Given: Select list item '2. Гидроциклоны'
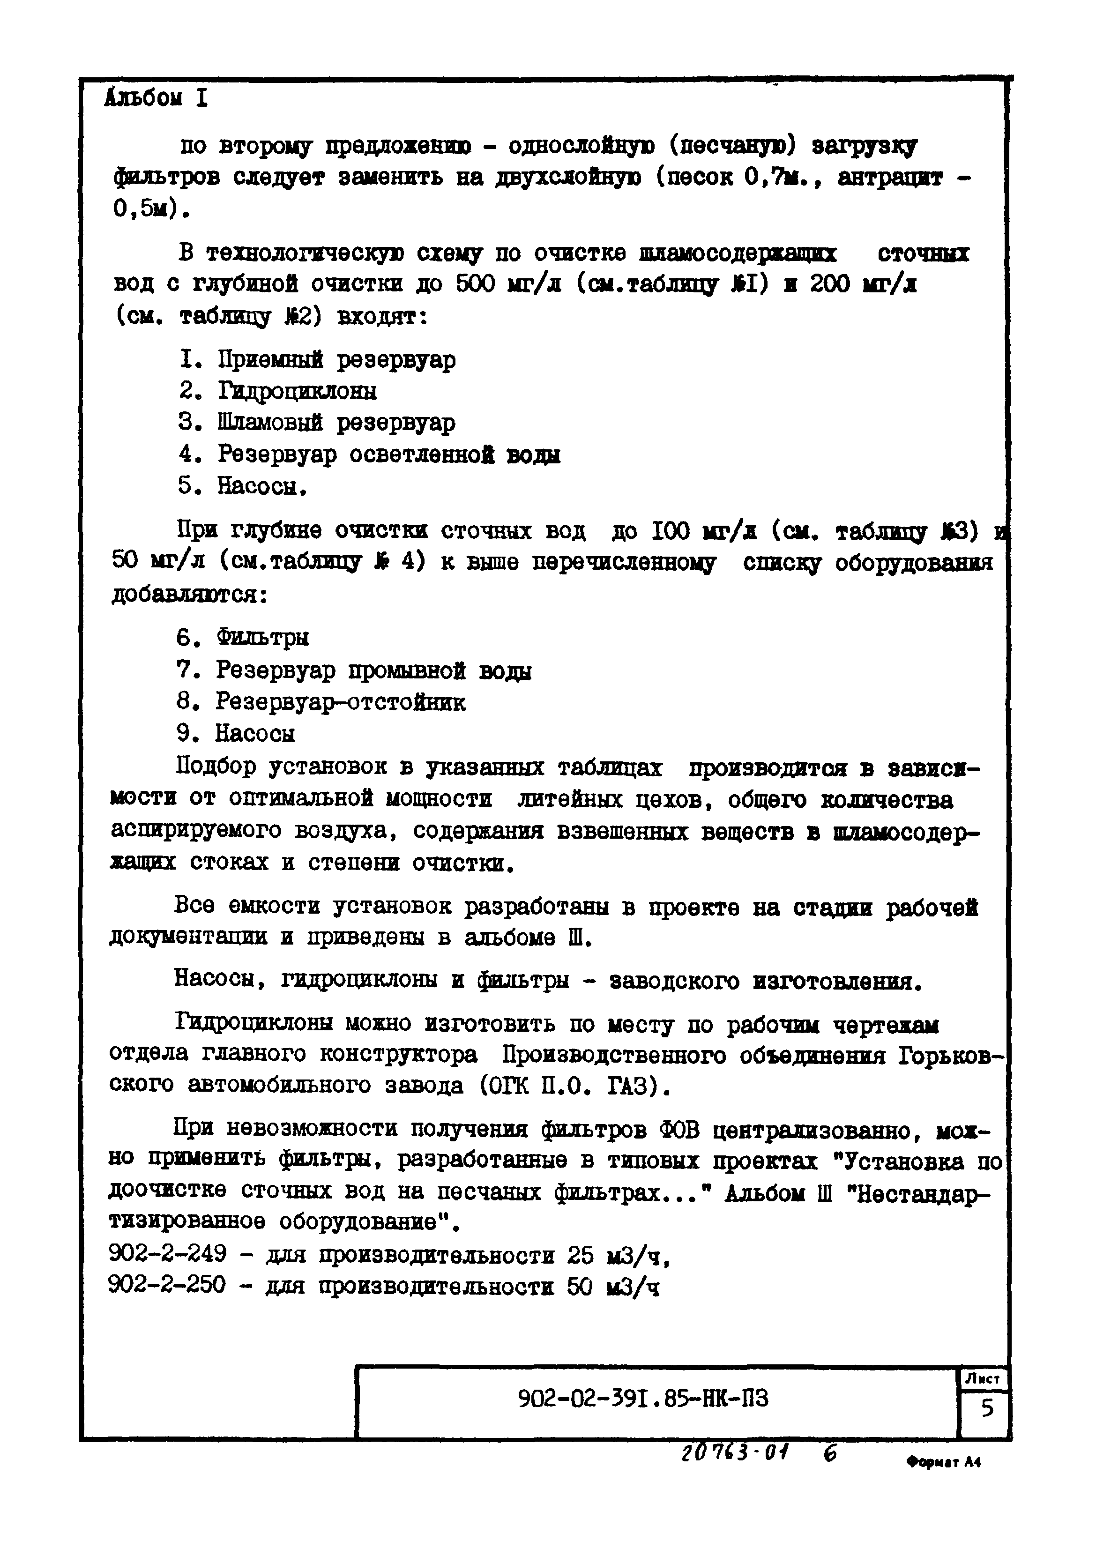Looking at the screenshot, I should (277, 391).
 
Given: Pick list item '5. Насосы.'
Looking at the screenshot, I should (243, 486).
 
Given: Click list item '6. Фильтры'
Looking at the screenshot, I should (242, 637).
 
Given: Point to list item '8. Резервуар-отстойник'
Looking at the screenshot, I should (321, 702).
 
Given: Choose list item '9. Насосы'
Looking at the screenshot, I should (236, 733).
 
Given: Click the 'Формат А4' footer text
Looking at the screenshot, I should (943, 1463).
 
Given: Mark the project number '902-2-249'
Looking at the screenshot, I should (167, 1254).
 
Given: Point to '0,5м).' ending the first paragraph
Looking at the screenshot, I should (151, 210).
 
